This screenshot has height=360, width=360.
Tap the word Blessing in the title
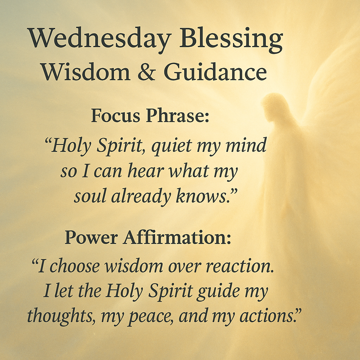click(231, 39)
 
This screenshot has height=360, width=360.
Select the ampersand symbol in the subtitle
click(147, 71)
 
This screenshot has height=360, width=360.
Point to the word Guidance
click(215, 71)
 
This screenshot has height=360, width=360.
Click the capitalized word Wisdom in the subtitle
click(85, 71)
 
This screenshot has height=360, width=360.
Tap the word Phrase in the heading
click(178, 115)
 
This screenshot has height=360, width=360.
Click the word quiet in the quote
click(172, 146)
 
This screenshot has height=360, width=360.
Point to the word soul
click(90, 196)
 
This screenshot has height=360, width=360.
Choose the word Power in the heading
click(91, 237)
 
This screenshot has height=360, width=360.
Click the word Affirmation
click(177, 237)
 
